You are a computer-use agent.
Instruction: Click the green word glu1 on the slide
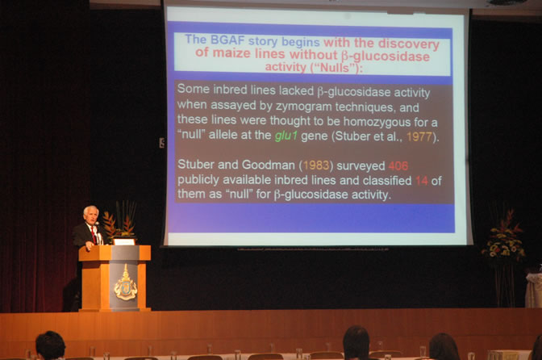click(x=286, y=136)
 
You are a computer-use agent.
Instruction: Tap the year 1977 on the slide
click(x=419, y=137)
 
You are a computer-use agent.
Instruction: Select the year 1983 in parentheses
click(x=316, y=165)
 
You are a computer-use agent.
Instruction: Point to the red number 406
click(x=398, y=166)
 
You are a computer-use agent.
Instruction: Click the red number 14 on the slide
click(x=422, y=181)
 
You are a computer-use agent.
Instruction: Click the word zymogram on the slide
click(x=304, y=107)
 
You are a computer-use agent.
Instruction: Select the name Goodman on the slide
click(x=268, y=165)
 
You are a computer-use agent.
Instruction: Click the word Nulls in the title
click(x=334, y=68)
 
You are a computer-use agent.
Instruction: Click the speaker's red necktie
click(x=94, y=235)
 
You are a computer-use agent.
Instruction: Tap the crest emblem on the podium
click(x=126, y=283)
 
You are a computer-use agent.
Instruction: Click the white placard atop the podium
click(x=124, y=241)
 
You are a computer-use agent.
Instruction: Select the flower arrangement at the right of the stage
click(x=504, y=239)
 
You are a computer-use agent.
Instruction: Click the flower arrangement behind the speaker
click(x=119, y=221)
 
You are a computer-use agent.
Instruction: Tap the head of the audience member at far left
click(x=51, y=345)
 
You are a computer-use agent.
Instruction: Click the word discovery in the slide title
click(x=409, y=44)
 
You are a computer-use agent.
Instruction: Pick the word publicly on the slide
click(x=198, y=180)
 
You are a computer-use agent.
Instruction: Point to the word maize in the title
click(x=231, y=53)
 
